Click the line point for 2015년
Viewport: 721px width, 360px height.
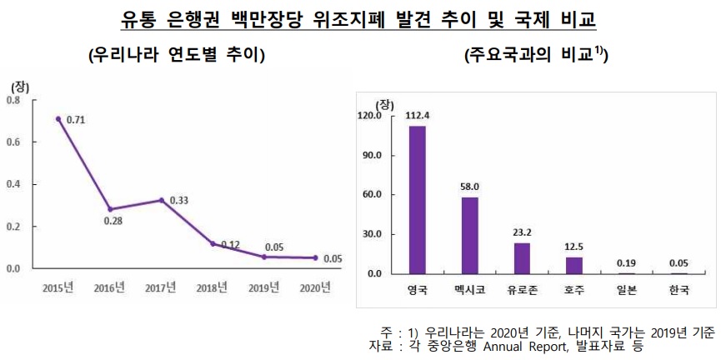tap(58, 118)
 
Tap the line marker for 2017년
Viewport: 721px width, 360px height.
tap(162, 200)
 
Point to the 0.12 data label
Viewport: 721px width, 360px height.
tap(229, 245)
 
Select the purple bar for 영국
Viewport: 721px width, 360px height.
tap(417, 199)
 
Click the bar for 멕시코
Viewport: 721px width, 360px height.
tap(469, 235)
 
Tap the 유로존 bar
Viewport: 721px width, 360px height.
tap(522, 257)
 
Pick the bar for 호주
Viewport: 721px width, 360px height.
tap(574, 265)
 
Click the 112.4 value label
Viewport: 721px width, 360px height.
tap(417, 116)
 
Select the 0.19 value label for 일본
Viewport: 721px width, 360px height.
tap(627, 262)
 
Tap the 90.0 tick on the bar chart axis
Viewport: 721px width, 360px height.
tap(368, 155)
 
